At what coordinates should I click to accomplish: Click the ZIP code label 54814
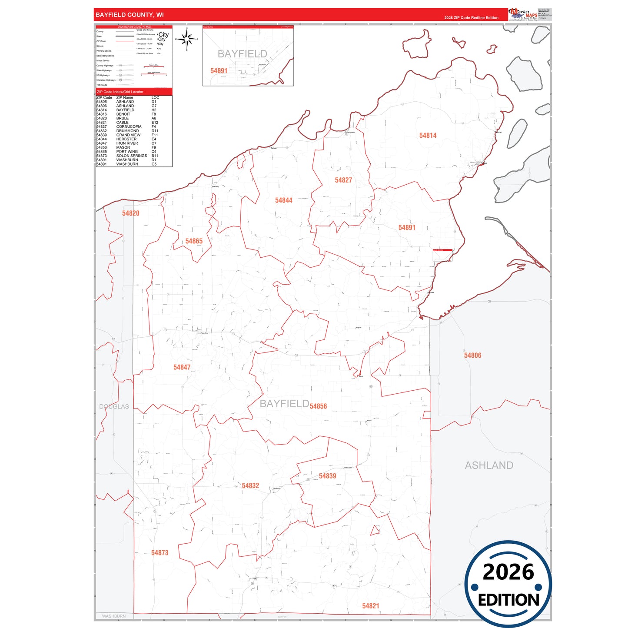tap(428, 136)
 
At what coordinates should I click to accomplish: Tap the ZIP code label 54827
tap(343, 180)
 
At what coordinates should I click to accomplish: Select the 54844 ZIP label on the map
tap(283, 200)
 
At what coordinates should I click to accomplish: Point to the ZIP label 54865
tap(194, 241)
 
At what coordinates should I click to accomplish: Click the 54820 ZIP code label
tap(130, 213)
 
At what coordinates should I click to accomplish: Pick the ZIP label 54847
tap(182, 367)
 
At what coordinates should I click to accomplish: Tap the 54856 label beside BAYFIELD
tap(318, 406)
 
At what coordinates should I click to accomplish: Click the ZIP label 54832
tap(250, 486)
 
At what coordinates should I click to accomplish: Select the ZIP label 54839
tap(327, 476)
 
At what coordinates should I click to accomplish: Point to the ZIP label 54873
tap(159, 553)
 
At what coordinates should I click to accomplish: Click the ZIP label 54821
tap(370, 606)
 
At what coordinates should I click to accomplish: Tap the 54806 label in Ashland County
tap(472, 356)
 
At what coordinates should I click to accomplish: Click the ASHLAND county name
tap(489, 465)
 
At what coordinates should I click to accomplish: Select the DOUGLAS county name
tap(114, 407)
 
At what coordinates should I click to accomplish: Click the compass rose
tap(187, 39)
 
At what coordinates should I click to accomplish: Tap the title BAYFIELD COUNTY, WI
tap(130, 15)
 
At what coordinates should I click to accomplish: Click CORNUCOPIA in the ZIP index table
tap(129, 126)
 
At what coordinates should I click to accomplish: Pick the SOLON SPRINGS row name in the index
tap(131, 156)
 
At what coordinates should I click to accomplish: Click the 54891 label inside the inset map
tap(219, 71)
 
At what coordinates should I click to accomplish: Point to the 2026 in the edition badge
tap(508, 572)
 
